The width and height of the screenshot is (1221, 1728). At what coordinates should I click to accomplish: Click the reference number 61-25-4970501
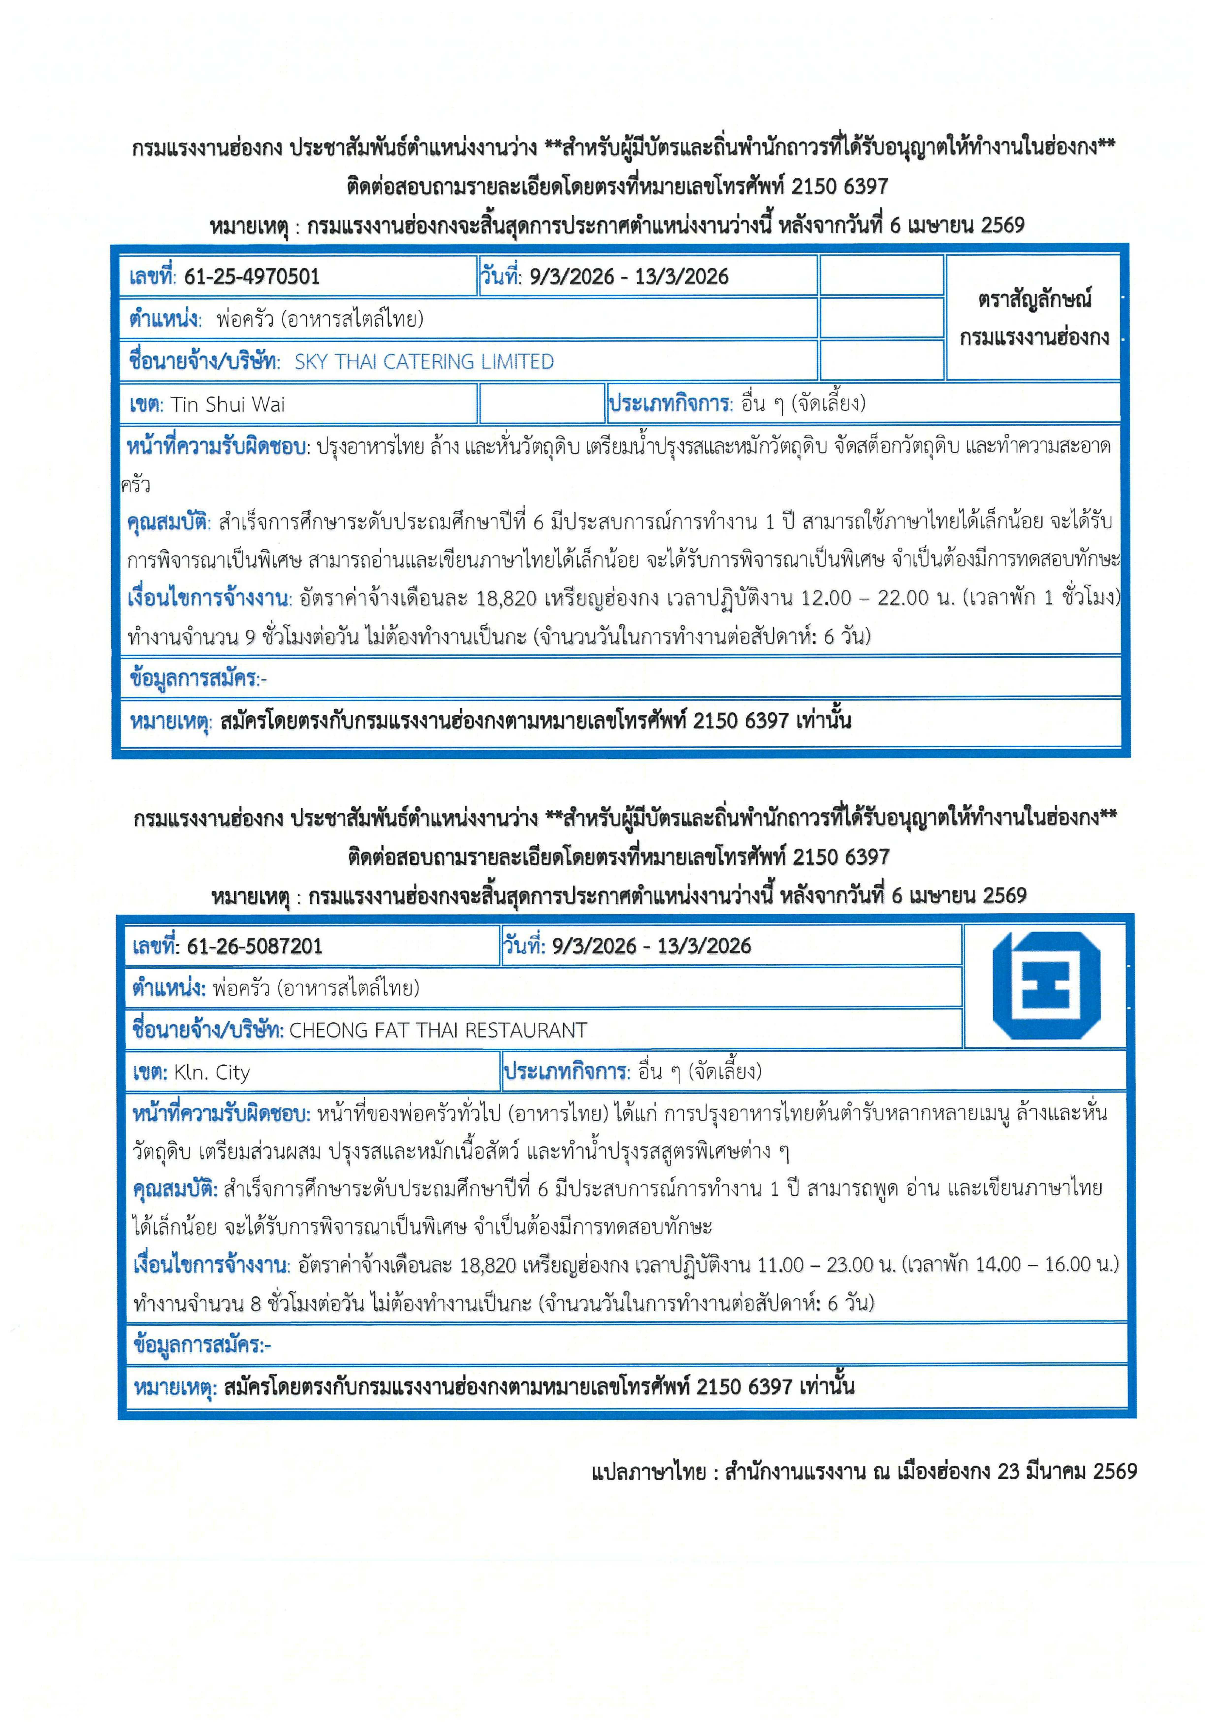tap(252, 277)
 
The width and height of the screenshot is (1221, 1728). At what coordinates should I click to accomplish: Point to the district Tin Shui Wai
tap(228, 405)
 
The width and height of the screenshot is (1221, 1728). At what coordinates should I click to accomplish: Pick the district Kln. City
tap(212, 1073)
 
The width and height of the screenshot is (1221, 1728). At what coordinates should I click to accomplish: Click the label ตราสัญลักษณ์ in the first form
tap(1034, 300)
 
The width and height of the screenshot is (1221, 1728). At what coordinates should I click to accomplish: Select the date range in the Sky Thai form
tap(629, 277)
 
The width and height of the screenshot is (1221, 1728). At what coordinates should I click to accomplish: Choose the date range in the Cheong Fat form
tap(652, 946)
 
